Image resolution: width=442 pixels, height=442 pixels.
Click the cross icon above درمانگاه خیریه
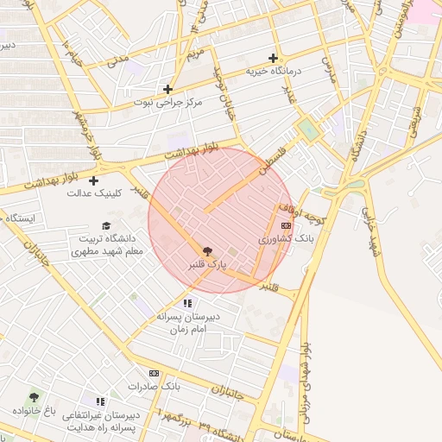(274, 59)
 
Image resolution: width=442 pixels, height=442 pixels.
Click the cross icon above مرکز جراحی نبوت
(167, 89)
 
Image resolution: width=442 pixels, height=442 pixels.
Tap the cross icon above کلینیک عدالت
(93, 180)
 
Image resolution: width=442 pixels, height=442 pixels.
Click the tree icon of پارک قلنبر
(206, 250)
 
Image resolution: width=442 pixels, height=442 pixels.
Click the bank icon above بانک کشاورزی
(286, 225)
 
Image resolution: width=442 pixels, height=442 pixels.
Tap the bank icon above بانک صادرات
(155, 373)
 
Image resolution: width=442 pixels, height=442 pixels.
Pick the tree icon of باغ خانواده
(35, 397)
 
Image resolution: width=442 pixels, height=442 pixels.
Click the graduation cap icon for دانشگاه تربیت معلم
(106, 225)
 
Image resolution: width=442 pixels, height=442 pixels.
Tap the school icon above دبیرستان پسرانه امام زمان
(187, 303)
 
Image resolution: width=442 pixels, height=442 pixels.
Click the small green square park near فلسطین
(308, 129)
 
